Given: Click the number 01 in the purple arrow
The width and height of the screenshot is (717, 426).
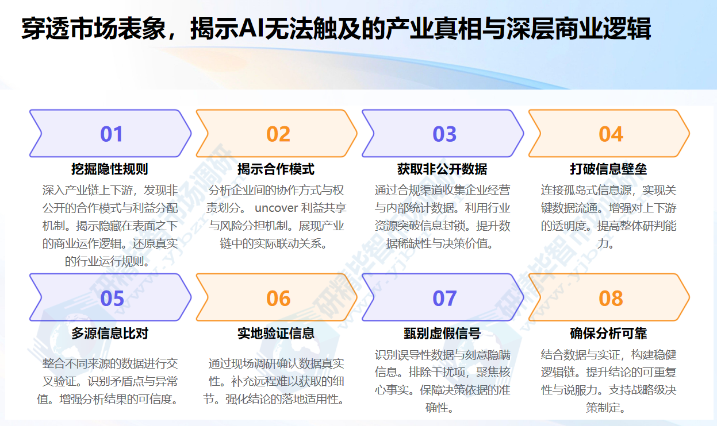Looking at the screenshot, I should pyautogui.click(x=112, y=134).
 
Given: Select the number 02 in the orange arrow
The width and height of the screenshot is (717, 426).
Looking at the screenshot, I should pyautogui.click(x=278, y=134).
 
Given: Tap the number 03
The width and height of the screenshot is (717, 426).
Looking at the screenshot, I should pyautogui.click(x=444, y=134).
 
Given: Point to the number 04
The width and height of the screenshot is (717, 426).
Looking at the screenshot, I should pyautogui.click(x=611, y=134).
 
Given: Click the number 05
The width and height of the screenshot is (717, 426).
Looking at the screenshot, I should pyautogui.click(x=112, y=299).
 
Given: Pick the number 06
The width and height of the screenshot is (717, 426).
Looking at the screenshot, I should pyautogui.click(x=278, y=299).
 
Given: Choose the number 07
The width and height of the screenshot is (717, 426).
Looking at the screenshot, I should pyautogui.click(x=444, y=299).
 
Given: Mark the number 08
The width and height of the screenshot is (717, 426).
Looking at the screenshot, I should pyautogui.click(x=611, y=299).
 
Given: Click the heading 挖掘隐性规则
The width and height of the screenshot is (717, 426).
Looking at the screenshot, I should pyautogui.click(x=110, y=169).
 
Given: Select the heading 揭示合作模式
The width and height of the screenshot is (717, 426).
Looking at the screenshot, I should pyautogui.click(x=276, y=169).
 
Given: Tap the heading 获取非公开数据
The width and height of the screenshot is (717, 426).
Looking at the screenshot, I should pyautogui.click(x=442, y=169).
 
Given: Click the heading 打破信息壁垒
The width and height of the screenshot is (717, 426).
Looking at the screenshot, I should pyautogui.click(x=608, y=169).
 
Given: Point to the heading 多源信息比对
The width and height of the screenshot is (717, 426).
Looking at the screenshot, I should pyautogui.click(x=110, y=334).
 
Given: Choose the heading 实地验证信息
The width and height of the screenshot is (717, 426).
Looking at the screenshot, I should pyautogui.click(x=276, y=334).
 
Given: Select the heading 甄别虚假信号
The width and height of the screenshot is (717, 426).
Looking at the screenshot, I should pyautogui.click(x=442, y=334).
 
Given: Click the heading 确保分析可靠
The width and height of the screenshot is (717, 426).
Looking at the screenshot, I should pyautogui.click(x=608, y=334).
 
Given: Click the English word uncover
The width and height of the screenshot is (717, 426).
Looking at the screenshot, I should pyautogui.click(x=275, y=208).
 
